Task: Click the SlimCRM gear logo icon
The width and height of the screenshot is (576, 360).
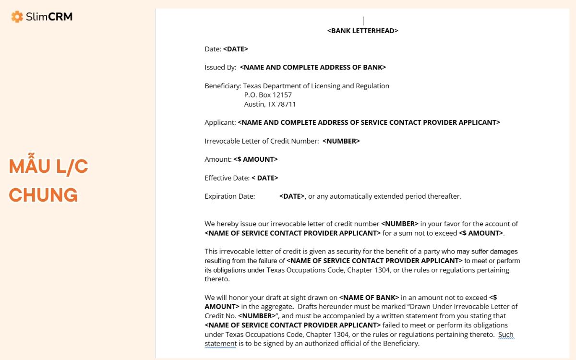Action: point(17,17)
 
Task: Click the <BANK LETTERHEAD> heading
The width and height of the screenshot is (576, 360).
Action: point(362,31)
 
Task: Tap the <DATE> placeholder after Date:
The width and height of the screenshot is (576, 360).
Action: point(235,49)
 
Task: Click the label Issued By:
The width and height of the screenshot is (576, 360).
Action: point(220,67)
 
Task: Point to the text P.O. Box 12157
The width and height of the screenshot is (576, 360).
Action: point(268,95)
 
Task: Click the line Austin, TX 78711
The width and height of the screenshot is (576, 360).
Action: point(270,104)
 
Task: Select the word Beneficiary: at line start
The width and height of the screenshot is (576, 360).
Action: point(223,86)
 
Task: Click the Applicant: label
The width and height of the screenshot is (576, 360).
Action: point(220,122)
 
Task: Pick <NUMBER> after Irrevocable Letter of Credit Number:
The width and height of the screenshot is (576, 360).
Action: point(341,141)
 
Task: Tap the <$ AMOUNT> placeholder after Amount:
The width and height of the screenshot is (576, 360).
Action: point(255,159)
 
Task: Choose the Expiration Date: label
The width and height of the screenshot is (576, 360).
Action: point(229,196)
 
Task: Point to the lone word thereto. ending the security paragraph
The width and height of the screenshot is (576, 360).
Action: point(217,279)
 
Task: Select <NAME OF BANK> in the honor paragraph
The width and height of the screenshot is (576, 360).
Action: point(369,298)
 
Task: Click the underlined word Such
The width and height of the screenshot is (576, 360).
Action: point(506,335)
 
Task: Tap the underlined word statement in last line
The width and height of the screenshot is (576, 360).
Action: point(220,344)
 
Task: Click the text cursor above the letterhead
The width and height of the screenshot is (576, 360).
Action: point(363,21)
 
